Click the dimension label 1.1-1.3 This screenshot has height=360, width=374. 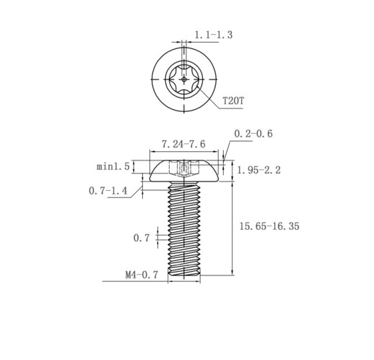click(213, 35)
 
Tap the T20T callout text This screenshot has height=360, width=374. click(233, 100)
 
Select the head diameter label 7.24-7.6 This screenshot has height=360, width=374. click(183, 144)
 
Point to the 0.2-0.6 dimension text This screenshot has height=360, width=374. click(253, 134)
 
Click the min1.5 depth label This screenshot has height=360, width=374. click(113, 166)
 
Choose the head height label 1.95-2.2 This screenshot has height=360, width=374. click(259, 170)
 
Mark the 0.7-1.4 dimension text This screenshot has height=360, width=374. click(108, 191)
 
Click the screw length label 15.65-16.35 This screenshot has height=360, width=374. click(269, 226)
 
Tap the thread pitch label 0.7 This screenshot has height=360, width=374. click(142, 238)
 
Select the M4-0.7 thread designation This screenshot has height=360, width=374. click(142, 275)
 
